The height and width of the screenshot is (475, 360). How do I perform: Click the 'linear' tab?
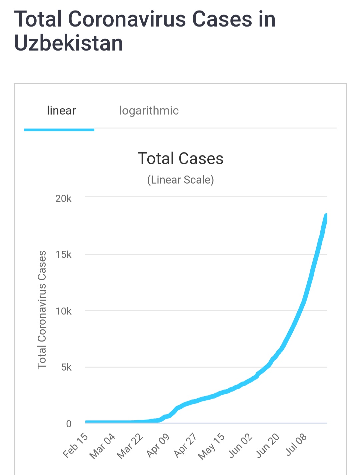pyautogui.click(x=61, y=111)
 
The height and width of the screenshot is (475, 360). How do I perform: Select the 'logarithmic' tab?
pyautogui.click(x=149, y=111)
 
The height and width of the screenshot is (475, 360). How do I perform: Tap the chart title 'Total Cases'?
pyautogui.click(x=180, y=158)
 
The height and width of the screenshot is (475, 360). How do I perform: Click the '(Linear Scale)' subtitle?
pyautogui.click(x=180, y=180)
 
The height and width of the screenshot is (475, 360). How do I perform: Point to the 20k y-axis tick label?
pyautogui.click(x=63, y=199)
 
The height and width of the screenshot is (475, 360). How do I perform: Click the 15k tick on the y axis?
pyautogui.click(x=63, y=255)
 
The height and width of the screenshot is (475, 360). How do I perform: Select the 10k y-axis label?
pyautogui.click(x=63, y=311)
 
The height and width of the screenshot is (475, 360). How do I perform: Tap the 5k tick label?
pyautogui.click(x=66, y=367)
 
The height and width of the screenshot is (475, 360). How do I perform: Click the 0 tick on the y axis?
pyautogui.click(x=69, y=424)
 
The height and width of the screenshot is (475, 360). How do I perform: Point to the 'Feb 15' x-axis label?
pyautogui.click(x=76, y=445)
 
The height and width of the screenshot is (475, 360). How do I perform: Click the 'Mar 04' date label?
pyautogui.click(x=103, y=446)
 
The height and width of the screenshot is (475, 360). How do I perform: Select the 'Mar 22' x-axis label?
pyautogui.click(x=130, y=446)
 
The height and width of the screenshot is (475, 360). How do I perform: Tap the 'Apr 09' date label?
pyautogui.click(x=158, y=445)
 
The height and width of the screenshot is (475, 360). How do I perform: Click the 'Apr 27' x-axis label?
pyautogui.click(x=185, y=445)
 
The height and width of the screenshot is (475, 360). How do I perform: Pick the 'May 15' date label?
pyautogui.click(x=212, y=446)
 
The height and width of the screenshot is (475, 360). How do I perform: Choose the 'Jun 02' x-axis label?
pyautogui.click(x=240, y=445)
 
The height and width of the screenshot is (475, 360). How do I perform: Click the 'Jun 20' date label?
pyautogui.click(x=268, y=445)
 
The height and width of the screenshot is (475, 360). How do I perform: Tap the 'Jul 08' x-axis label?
pyautogui.click(x=296, y=445)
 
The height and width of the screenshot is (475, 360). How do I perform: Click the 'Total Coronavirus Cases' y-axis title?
pyautogui.click(x=42, y=310)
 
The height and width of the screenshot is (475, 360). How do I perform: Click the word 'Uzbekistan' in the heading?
pyautogui.click(x=69, y=43)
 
